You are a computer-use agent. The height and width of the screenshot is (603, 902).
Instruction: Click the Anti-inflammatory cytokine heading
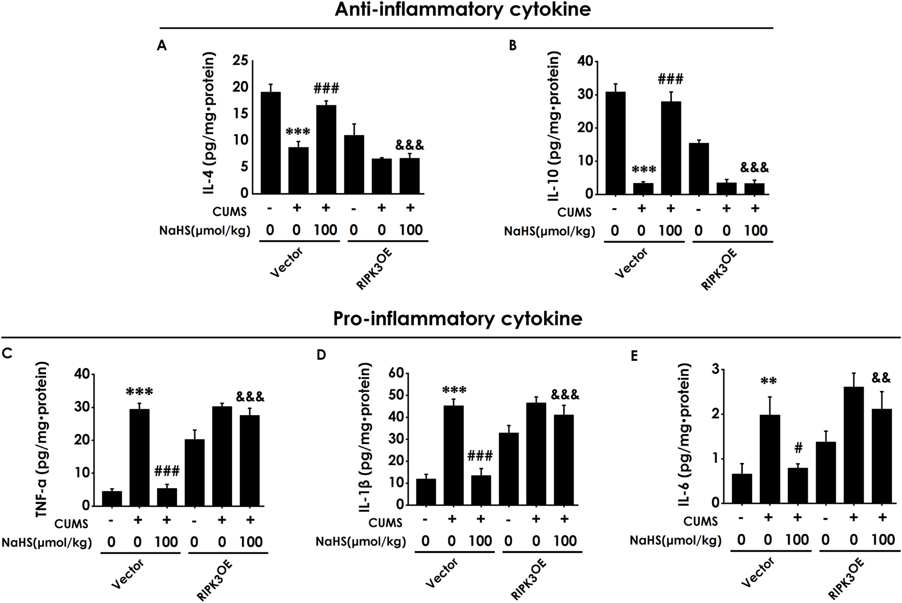pos(462,10)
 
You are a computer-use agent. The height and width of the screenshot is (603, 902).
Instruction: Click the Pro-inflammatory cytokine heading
pos(457,319)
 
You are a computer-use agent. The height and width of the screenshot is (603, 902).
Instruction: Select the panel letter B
pos(513,46)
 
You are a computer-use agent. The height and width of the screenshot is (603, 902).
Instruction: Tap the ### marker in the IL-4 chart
pos(326,88)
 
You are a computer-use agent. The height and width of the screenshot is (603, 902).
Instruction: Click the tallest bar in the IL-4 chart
pos(270,142)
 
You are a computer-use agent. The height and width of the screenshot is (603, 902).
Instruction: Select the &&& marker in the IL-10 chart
pos(754,168)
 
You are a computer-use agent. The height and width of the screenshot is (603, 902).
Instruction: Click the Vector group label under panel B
pos(631,263)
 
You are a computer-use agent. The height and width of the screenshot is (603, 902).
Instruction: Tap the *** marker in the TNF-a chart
pos(139,392)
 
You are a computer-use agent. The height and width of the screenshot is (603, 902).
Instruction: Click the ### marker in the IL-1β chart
pos(480,455)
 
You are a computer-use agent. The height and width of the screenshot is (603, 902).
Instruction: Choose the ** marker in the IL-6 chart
pos(769,381)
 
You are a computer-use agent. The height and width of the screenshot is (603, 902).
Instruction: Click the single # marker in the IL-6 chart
pos(798,448)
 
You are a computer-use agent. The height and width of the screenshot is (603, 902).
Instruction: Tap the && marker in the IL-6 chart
pos(881,378)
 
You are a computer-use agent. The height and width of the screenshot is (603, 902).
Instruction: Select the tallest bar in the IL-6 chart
pos(853,445)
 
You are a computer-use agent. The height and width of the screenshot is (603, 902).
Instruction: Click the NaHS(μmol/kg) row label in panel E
pos(675,540)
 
